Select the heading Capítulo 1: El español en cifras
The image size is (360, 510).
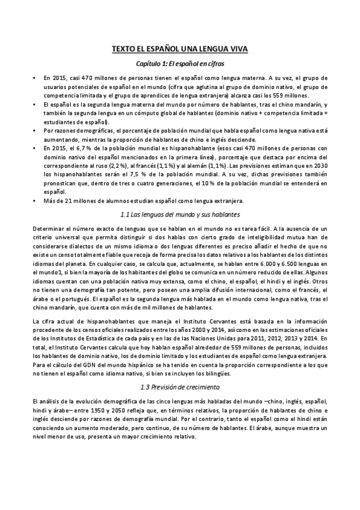180,63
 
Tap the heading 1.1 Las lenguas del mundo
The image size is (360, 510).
180,214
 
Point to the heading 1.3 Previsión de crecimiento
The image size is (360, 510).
180,386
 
